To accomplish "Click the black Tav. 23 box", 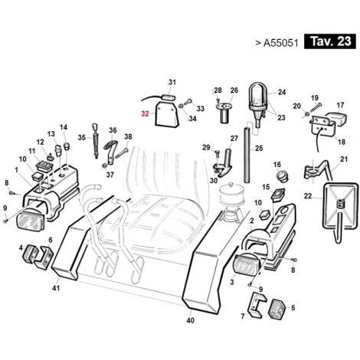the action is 329,41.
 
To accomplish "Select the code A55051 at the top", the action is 280,43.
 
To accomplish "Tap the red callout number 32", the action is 145,113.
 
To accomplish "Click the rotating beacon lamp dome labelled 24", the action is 258,93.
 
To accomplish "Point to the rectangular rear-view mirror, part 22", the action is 340,205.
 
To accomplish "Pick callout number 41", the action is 56,288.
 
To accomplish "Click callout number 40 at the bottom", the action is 191,320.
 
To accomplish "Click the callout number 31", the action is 172,82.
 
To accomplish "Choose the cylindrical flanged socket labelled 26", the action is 224,112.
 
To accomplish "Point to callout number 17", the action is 340,105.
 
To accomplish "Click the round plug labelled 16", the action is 282,176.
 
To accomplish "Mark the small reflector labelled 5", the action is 277,309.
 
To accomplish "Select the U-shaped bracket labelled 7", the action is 256,305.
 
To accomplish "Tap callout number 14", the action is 64,127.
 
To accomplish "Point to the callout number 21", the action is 344,159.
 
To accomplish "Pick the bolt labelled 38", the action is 120,153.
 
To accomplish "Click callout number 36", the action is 113,130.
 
